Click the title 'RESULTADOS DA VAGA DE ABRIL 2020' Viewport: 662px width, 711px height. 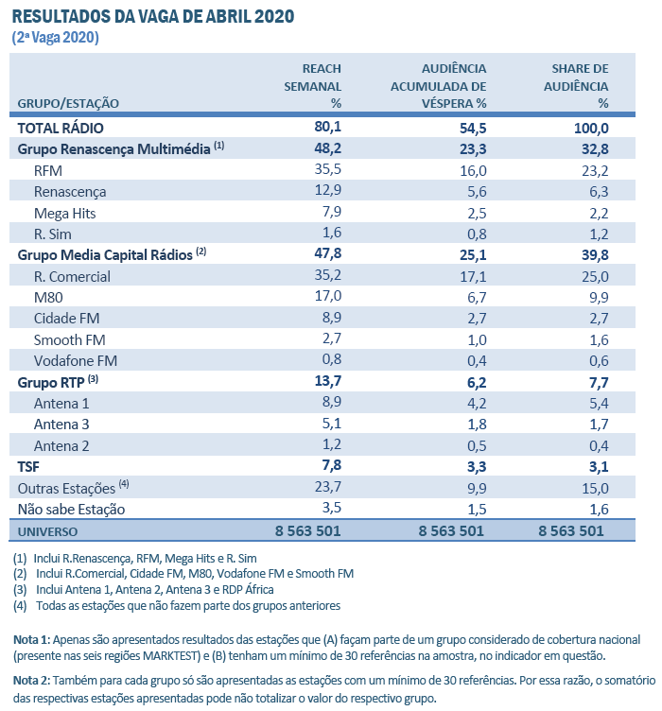152,17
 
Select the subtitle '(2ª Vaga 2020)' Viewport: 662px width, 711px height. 56,38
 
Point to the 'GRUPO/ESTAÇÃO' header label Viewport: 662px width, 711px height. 68,103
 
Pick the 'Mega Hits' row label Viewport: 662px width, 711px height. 64,213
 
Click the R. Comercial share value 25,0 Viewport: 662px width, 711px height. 593,277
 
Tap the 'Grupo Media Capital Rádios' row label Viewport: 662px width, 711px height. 105,255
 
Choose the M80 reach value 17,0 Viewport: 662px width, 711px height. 326,298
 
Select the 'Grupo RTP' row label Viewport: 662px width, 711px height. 52,382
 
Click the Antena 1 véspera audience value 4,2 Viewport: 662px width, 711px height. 475,404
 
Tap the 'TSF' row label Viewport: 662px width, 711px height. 29,467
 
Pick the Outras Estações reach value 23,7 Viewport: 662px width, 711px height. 326,488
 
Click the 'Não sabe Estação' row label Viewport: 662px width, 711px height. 71,510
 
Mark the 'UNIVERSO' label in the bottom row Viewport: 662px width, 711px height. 48,531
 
